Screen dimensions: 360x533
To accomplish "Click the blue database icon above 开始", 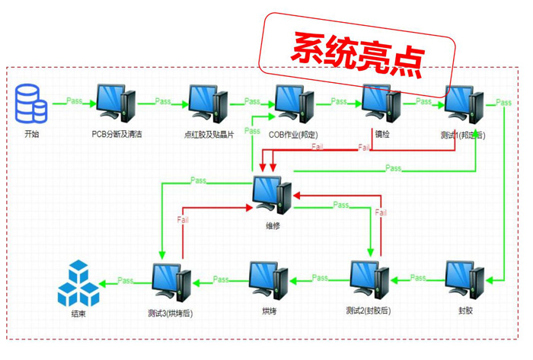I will point(31,104).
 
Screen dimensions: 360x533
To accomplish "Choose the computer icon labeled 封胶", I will point(464,281).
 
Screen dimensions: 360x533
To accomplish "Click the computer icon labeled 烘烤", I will point(269,281).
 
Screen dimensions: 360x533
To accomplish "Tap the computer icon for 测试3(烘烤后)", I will point(171,282).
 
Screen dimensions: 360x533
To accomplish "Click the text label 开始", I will point(31,134).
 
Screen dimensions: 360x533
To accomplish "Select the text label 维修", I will point(273,225).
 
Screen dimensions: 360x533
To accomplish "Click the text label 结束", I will point(78,313).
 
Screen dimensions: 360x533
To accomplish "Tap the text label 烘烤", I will point(269,311).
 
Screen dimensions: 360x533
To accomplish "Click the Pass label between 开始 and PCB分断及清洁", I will point(75,100).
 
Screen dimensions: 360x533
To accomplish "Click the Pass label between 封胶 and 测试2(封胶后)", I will point(418,278).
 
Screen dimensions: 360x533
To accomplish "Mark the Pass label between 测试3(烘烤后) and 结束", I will point(126,281).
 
